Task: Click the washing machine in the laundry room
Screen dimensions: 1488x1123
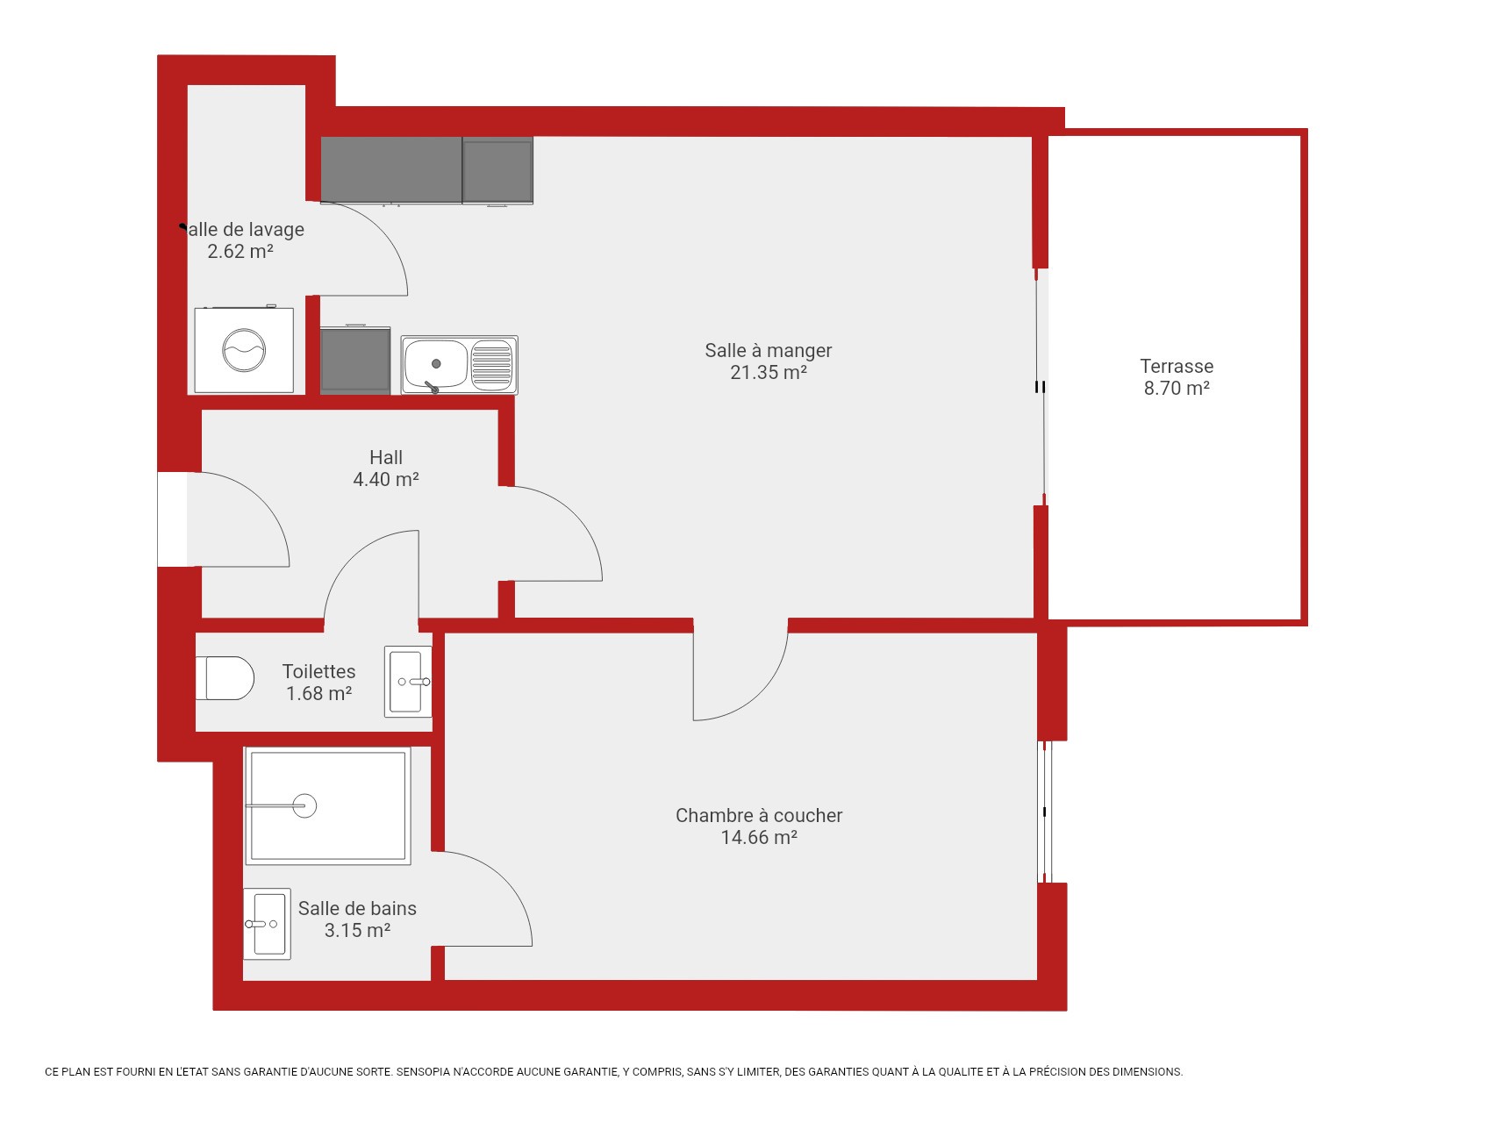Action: [x=244, y=349]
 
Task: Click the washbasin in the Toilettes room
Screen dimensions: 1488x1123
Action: [x=408, y=682]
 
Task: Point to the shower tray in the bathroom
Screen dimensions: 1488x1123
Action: [x=327, y=805]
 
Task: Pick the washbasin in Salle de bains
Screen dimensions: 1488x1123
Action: [x=267, y=924]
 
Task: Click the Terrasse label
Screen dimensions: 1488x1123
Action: [x=1177, y=367]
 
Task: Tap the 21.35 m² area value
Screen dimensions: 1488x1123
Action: [x=769, y=372]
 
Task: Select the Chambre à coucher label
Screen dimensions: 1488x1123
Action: [x=759, y=815]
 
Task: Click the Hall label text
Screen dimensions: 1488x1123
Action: [x=386, y=457]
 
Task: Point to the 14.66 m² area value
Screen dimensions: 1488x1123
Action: [x=759, y=837]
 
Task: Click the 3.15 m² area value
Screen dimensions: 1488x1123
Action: [x=357, y=930]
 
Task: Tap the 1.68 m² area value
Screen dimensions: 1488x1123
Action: [x=318, y=693]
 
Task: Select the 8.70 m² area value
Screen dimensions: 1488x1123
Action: [x=1177, y=388]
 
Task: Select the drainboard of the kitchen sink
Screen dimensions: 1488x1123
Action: [x=491, y=364]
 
